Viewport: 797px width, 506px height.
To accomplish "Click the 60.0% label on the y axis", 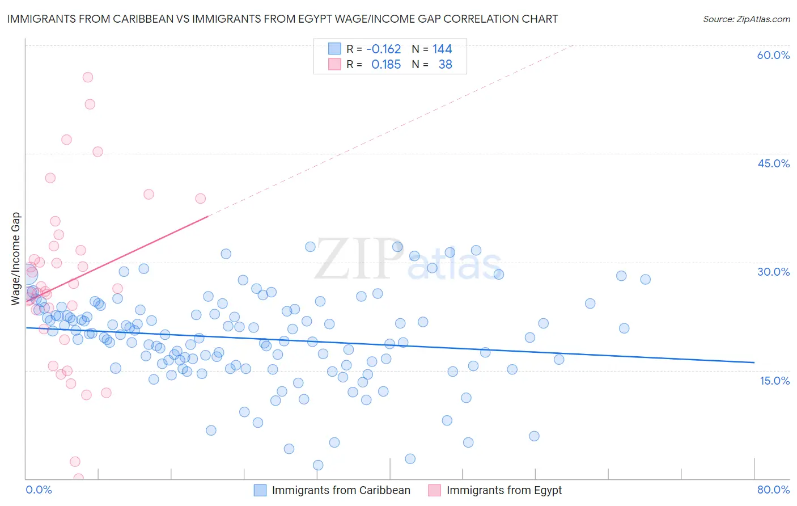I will point(773,55).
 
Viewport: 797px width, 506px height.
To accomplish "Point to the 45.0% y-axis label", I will point(773,163).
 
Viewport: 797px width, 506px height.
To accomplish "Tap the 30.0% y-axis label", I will point(773,272).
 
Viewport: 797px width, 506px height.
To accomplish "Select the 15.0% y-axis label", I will point(774,381).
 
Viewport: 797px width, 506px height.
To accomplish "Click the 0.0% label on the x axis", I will point(39,490).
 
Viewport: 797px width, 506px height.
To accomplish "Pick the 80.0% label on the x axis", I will point(773,490).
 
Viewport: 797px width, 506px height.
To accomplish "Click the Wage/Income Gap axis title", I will point(16,259).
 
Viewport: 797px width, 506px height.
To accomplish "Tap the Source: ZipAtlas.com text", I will point(746,19).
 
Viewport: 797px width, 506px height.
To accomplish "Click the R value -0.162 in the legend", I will point(384,49).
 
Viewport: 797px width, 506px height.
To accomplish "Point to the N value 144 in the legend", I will point(442,49).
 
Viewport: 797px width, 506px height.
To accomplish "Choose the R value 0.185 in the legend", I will point(386,65).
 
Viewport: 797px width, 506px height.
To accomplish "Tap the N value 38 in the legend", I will point(445,65).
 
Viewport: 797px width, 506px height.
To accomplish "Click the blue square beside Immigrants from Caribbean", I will point(260,490).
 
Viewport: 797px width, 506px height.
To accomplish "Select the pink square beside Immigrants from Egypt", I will point(435,490).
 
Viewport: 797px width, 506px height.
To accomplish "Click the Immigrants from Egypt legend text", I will point(504,490).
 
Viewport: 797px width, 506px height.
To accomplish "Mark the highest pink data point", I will point(88,77).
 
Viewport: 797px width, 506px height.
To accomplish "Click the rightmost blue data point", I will point(645,279).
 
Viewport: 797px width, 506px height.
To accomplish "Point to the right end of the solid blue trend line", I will point(754,362).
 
